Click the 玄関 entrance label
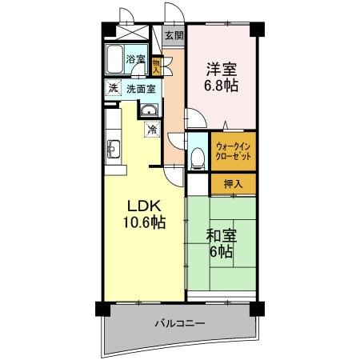pyautogui.click(x=174, y=36)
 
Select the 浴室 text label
pyautogui.click(x=135, y=59)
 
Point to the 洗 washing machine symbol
pyautogui.click(x=114, y=89)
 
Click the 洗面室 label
pyautogui.click(x=142, y=89)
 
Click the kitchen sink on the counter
pyautogui.click(x=112, y=148)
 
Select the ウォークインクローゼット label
pyautogui.click(x=234, y=152)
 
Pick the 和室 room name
pyautogui.click(x=221, y=237)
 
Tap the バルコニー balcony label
pyautogui.click(x=180, y=324)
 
